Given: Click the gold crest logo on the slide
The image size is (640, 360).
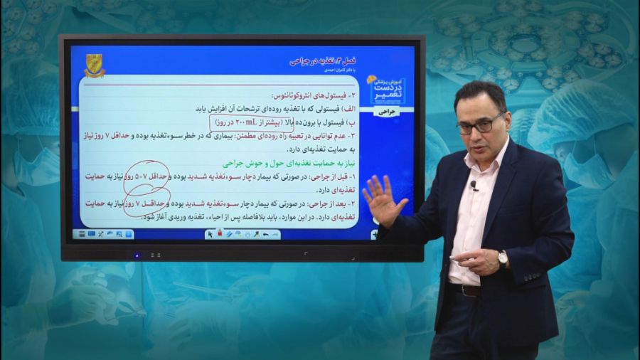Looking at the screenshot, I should [x=94, y=65].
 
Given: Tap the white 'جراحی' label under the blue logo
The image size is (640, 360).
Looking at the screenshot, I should [x=386, y=112].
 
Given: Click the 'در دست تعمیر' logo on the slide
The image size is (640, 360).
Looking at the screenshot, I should [x=386, y=89].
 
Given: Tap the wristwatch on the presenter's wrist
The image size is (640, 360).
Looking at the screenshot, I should [x=502, y=258].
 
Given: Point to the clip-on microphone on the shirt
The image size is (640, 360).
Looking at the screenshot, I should [x=474, y=186].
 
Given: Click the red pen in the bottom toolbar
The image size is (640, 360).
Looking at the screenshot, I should [x=219, y=233].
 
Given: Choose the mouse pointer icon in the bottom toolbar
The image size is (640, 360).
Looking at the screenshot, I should [x=210, y=233].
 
